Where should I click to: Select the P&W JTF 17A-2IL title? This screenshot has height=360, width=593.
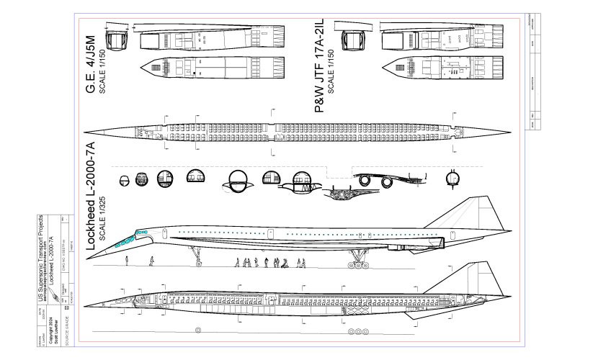pos(321,66)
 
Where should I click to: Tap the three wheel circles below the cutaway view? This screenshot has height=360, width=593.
pos(358,333)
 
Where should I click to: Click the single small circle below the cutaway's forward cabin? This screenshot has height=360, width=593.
pos(197,330)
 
